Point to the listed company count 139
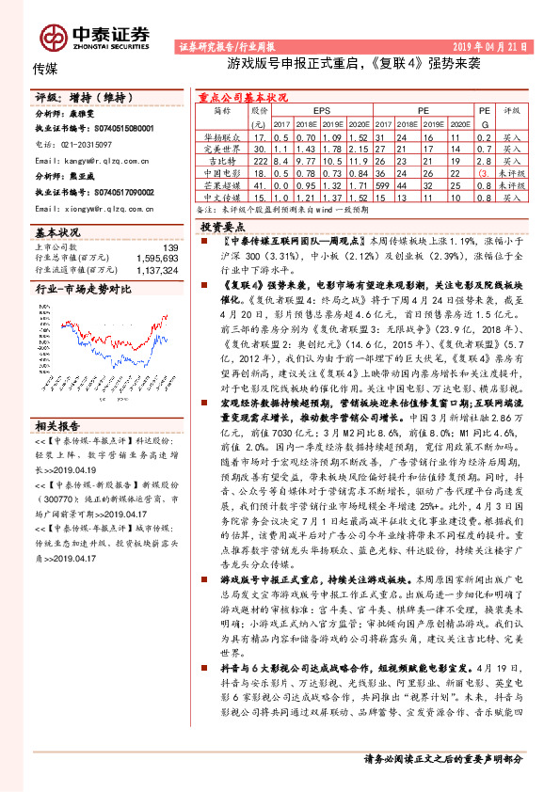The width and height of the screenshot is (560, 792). point(170,247)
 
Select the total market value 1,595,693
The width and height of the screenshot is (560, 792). point(158,258)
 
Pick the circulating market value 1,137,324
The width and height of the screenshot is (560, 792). point(158,269)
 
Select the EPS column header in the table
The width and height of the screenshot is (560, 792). point(322,110)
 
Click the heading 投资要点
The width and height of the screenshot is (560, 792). point(229,228)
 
